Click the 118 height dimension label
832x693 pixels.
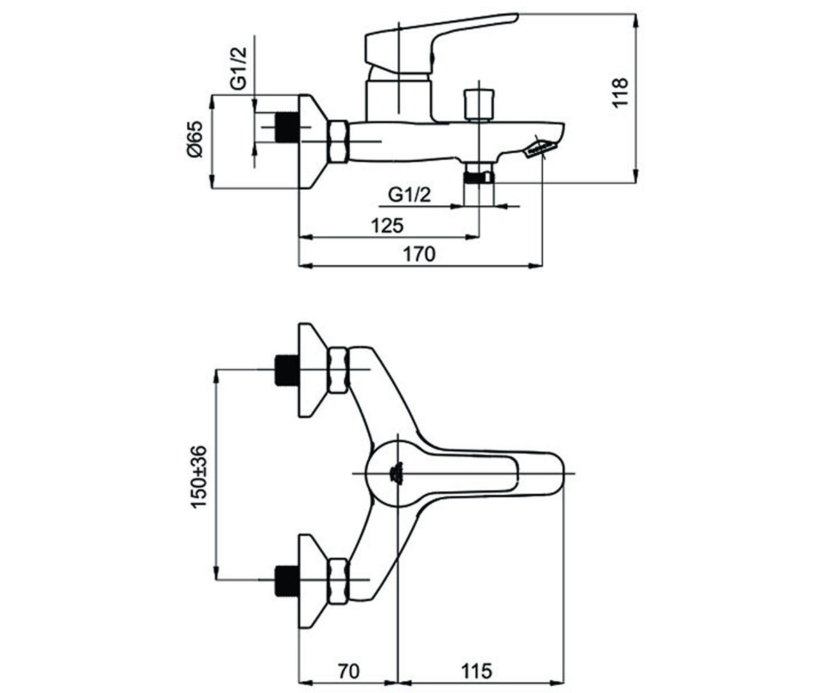tap(620, 92)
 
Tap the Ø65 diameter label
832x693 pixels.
tap(196, 140)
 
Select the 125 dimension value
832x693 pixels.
tap(388, 226)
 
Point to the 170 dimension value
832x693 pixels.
tap(419, 254)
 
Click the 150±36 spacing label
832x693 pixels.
tap(198, 477)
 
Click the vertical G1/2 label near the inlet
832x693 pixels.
tap(239, 68)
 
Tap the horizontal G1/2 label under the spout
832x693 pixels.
tap(410, 195)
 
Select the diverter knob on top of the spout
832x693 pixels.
tap(479, 105)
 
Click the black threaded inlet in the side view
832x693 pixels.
tap(287, 128)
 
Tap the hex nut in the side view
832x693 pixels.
tap(338, 141)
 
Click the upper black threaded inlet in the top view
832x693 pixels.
tap(287, 370)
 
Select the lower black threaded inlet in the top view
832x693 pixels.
tap(287, 580)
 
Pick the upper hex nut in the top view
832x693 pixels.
tap(338, 370)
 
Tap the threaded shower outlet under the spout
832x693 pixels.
tap(478, 177)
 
